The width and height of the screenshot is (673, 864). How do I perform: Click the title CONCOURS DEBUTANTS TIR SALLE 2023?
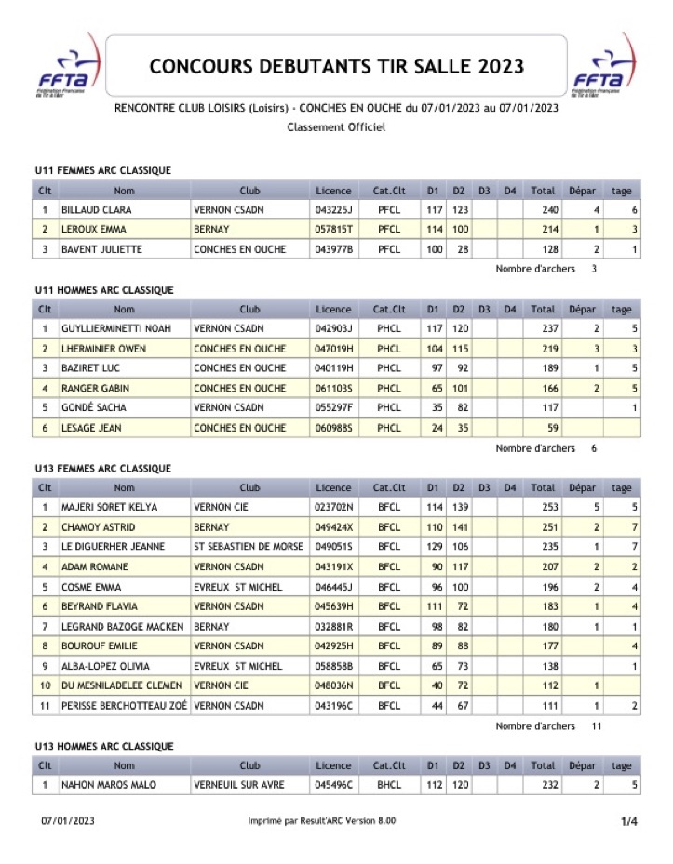(x=336, y=67)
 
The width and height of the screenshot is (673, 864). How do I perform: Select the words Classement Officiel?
(x=336, y=126)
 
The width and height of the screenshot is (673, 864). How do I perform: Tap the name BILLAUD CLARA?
(x=91, y=210)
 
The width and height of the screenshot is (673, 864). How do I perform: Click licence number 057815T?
(x=332, y=230)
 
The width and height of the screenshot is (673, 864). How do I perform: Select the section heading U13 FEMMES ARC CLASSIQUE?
(x=102, y=469)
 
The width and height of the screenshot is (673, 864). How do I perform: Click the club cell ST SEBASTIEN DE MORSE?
(x=248, y=547)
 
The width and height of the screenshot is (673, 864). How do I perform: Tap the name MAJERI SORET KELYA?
(x=109, y=508)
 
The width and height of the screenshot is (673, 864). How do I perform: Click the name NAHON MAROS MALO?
(x=109, y=785)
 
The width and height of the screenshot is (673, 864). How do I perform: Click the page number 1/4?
(x=629, y=821)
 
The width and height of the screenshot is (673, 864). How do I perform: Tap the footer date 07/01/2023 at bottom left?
(x=67, y=821)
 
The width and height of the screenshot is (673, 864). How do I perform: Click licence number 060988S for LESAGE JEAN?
(x=332, y=428)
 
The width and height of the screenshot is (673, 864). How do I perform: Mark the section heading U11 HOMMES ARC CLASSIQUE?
(x=103, y=290)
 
